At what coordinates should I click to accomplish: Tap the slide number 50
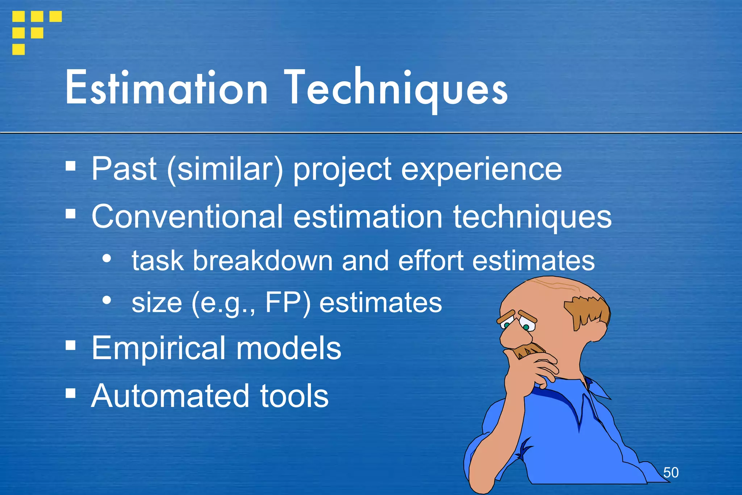tap(671, 473)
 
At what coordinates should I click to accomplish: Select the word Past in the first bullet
tap(124, 169)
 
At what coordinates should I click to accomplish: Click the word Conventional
tap(187, 216)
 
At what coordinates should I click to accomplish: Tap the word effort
tap(430, 260)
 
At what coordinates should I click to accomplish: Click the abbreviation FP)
tap(288, 302)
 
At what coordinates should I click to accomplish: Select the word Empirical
tap(158, 348)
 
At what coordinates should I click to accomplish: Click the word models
tap(288, 348)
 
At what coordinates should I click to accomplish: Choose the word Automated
tap(170, 396)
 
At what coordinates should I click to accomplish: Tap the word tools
tap(294, 396)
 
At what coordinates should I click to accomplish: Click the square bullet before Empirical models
tap(71, 345)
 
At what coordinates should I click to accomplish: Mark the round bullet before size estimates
tap(107, 300)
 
